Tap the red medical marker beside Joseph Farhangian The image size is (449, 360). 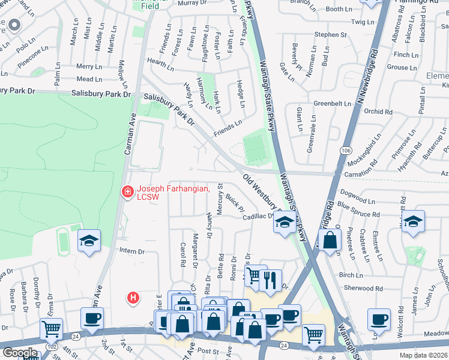coord(127,192)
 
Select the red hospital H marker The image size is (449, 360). coord(134,297)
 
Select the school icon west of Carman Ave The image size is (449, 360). coord(89,241)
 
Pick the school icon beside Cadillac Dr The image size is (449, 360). coord(285,223)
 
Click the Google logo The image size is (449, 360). coord(20,353)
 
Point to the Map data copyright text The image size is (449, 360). coord(423,355)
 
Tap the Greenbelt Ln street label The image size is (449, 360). coord(332,103)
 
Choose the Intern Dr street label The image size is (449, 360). coord(133,251)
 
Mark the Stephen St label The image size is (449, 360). coord(331,35)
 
